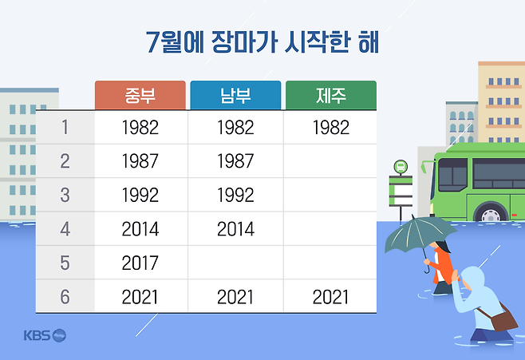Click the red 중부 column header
point(140,95)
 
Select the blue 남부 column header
point(235,95)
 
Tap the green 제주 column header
point(331,95)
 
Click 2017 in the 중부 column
point(140,263)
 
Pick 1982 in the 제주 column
point(331,128)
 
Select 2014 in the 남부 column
point(235,229)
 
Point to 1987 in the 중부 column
point(140,161)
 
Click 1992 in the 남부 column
point(235,195)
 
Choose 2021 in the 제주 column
point(331,297)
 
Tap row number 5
point(65,263)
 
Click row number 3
point(65,195)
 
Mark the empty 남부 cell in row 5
point(235,263)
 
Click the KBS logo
point(45,335)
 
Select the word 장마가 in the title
point(245,42)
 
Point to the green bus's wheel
point(491,214)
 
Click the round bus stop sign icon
point(401,167)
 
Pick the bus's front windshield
point(452,175)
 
